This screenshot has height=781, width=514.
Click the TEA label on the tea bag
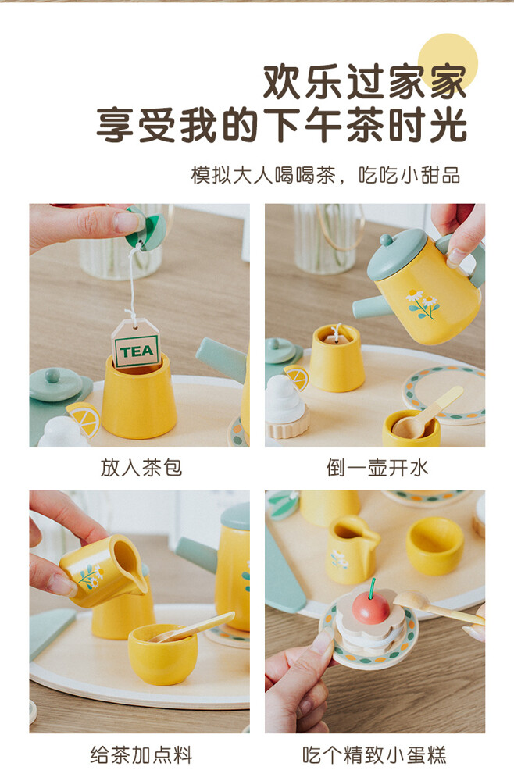(x=137, y=351)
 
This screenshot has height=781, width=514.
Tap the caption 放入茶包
(x=141, y=468)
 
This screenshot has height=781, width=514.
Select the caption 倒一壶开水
(x=377, y=468)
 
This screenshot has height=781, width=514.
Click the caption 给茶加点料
(x=141, y=755)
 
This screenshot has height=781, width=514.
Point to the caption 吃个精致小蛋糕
(x=374, y=755)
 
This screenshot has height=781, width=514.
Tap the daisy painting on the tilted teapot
(x=423, y=303)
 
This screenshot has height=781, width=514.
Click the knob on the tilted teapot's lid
(x=386, y=241)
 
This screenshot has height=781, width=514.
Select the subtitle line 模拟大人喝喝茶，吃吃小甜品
(x=326, y=175)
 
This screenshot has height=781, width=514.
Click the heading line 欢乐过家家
(x=365, y=82)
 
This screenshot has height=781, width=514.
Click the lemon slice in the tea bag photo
(x=83, y=419)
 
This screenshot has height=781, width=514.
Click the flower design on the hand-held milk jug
(x=91, y=576)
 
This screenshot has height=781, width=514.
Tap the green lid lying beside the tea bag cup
(x=56, y=383)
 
